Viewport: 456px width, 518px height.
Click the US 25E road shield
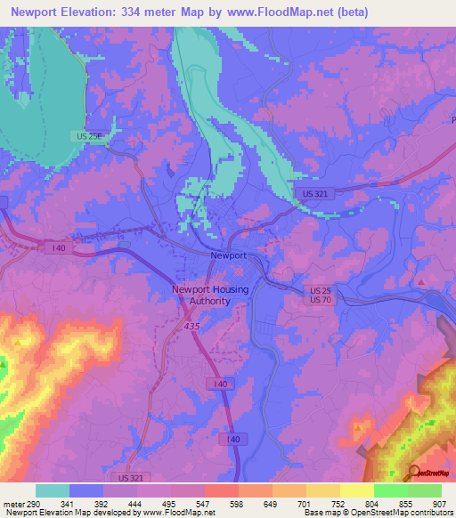(86, 135)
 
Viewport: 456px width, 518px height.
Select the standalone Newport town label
(227, 255)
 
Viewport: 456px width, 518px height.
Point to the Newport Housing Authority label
(210, 295)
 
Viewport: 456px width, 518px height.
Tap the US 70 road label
(321, 302)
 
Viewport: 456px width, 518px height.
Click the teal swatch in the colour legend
(53, 490)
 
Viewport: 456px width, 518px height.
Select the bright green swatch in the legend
(390, 490)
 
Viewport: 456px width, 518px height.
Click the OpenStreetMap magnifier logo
(415, 472)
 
